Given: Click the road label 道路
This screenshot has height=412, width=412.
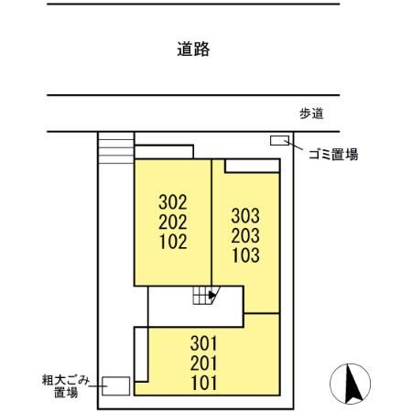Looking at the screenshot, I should (x=193, y=50).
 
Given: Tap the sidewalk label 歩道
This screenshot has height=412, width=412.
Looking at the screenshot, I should (x=312, y=114).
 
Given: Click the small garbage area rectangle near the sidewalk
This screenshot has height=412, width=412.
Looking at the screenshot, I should (x=279, y=140).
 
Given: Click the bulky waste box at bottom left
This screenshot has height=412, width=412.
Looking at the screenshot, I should (x=115, y=385).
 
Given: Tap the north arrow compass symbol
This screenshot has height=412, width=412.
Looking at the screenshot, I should (x=350, y=382).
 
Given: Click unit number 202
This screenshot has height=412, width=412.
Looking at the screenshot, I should (x=173, y=222).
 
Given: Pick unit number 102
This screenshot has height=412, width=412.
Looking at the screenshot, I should (x=173, y=243).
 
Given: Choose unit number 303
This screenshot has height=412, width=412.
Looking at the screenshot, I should (x=245, y=216).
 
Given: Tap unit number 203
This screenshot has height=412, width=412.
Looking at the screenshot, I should (x=245, y=236).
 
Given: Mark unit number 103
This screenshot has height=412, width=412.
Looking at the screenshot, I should (x=245, y=256).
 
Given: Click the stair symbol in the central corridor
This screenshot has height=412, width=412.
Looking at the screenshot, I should (x=200, y=295).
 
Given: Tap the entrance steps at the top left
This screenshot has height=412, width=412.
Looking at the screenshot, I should (x=115, y=149).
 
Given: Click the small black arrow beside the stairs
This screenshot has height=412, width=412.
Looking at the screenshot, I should (x=213, y=295).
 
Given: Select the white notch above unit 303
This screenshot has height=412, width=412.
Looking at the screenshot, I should (x=251, y=166).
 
